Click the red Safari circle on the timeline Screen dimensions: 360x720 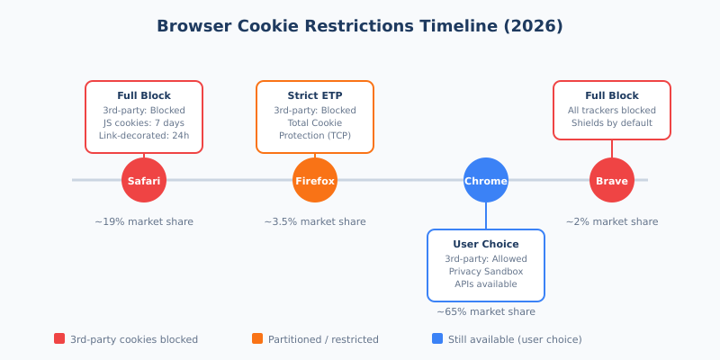tap(144, 180)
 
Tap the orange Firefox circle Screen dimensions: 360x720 tap(315, 180)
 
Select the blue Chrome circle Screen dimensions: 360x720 tap(486, 180)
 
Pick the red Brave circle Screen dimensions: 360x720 tap(612, 180)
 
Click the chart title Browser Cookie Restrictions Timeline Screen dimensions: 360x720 tap(360, 26)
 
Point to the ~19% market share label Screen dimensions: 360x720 tap(144, 221)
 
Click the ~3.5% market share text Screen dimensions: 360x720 tap(315, 221)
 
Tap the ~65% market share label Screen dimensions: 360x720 tap(486, 311)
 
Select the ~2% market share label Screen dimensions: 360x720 tap(612, 221)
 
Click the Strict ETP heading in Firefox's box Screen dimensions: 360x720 tap(315, 95)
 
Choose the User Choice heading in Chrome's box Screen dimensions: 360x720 tap(486, 244)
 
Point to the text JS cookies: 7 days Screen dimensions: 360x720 tap(144, 123)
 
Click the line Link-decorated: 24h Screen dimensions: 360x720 tap(144, 136)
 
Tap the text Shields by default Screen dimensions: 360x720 tap(612, 123)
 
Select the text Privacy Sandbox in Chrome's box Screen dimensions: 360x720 tap(486, 271)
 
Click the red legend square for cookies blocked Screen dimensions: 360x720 tap(59, 338)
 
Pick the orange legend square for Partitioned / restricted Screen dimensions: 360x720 tap(257, 338)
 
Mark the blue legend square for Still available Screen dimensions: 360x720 tap(437, 338)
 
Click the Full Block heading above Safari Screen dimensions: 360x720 tap(144, 95)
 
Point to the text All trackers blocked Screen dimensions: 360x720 tap(612, 110)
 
